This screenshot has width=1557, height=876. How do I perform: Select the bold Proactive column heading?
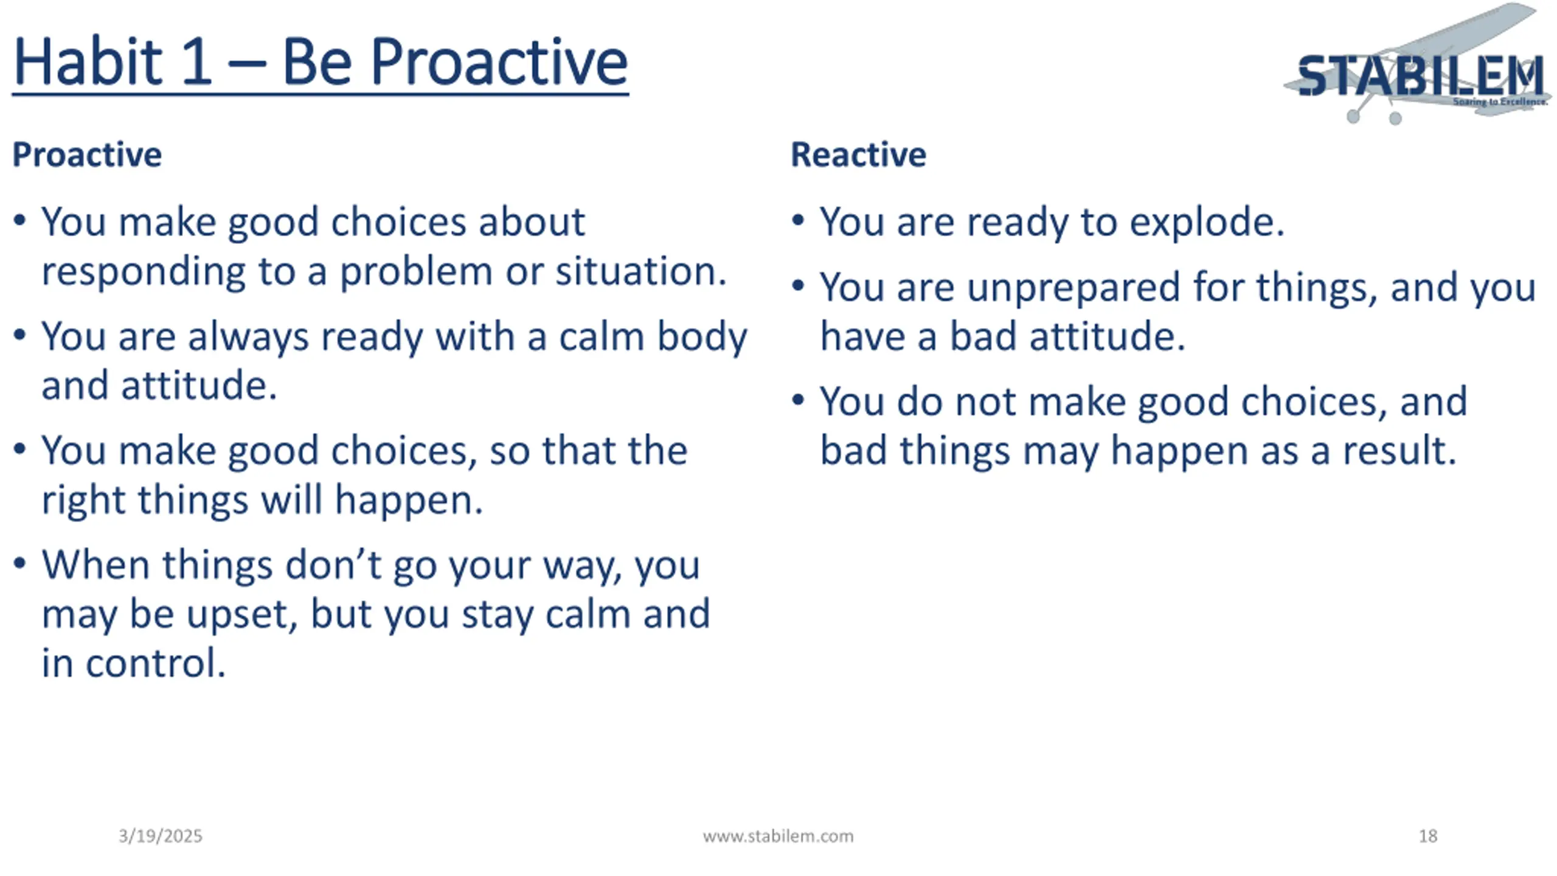pos(87,155)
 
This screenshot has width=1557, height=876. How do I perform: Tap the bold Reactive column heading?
pos(858,155)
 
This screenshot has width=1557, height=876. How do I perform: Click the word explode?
pos(1207,222)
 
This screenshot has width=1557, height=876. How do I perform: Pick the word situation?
pos(641,271)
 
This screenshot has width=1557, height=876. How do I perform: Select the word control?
pos(156,663)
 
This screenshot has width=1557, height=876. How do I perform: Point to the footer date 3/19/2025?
pos(161,836)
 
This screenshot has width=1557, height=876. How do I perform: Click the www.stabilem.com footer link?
pos(778,836)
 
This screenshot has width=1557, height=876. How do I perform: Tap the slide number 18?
pos(1428,836)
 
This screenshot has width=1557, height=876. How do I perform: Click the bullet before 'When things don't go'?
pos(19,563)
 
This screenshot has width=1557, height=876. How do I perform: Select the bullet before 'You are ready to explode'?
pos(798,220)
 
